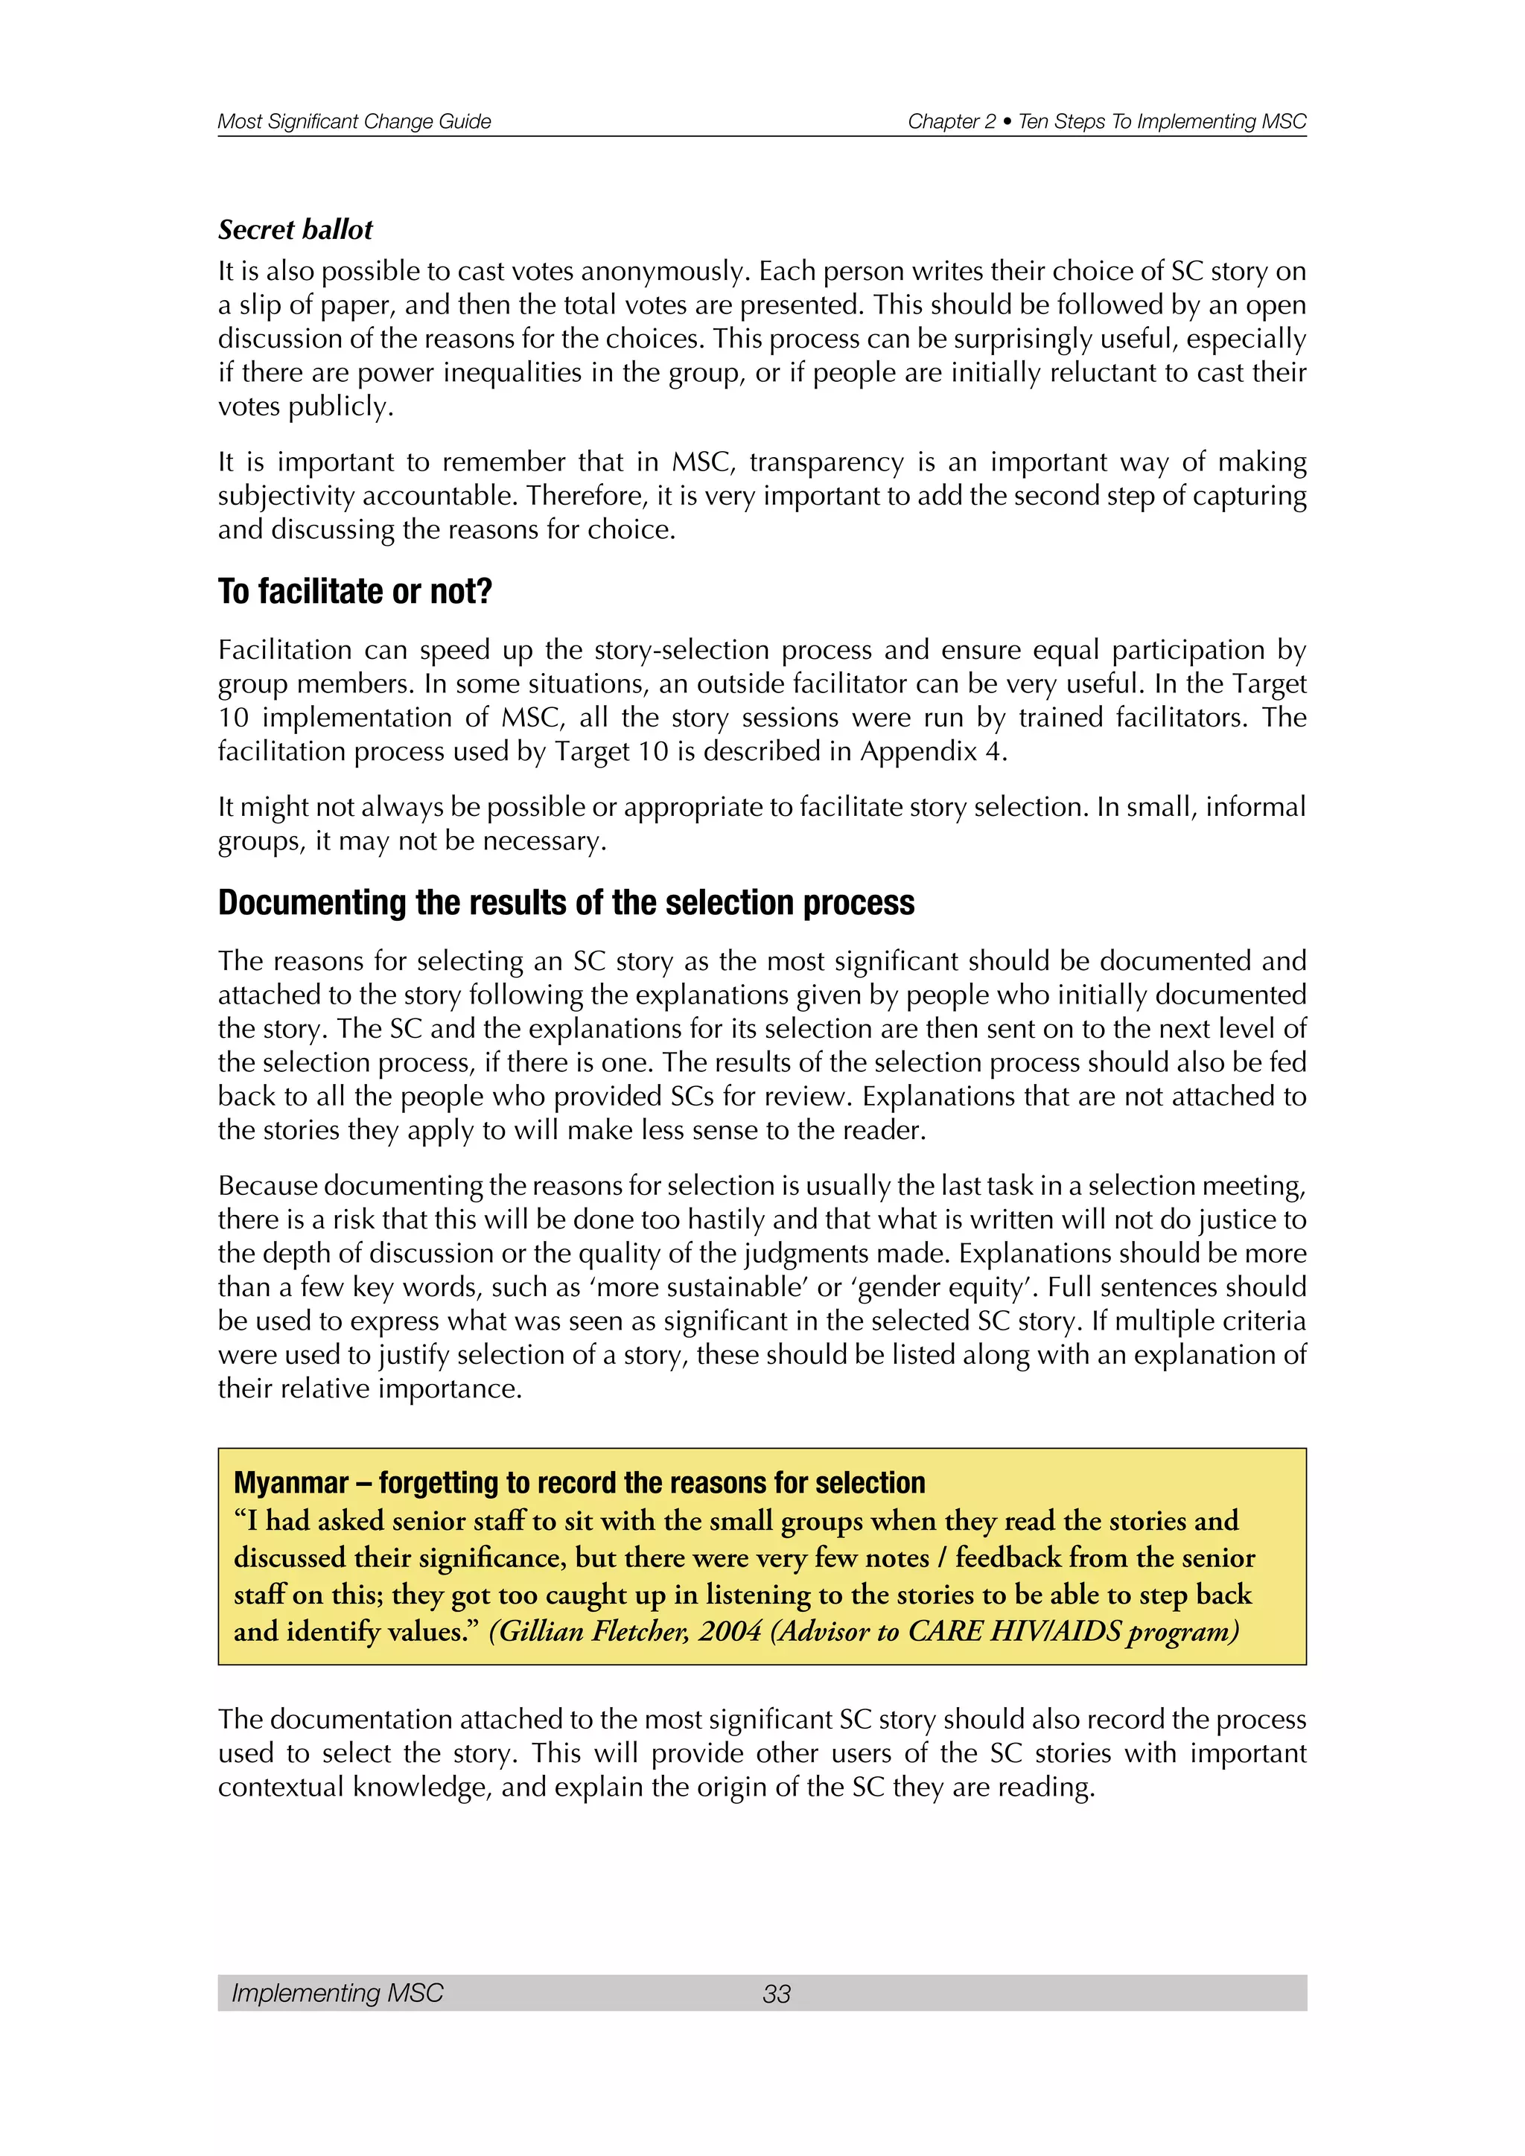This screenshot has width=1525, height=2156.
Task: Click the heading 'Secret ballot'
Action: [295, 230]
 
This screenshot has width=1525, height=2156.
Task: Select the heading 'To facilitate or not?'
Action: [355, 592]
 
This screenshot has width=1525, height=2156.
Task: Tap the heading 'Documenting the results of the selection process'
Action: [565, 902]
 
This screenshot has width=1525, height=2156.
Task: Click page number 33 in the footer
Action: [776, 1994]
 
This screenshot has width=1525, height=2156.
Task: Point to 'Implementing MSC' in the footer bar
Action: [337, 1993]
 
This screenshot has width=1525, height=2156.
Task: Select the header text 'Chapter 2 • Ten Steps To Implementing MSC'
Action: [1107, 121]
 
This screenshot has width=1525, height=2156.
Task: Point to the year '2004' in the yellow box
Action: [730, 1631]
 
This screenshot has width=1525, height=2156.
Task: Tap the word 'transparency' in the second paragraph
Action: [827, 462]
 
